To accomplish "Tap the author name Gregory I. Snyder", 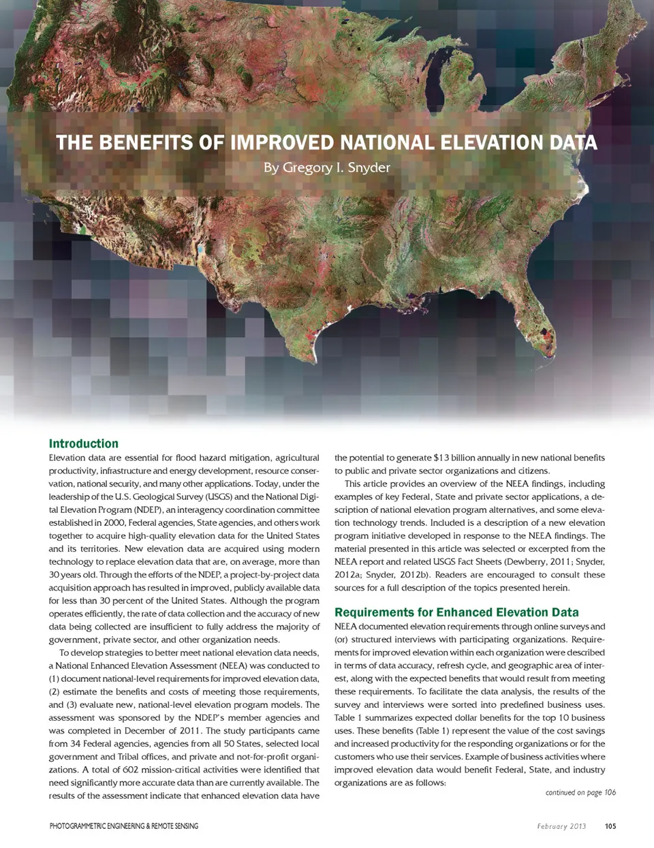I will [327, 168].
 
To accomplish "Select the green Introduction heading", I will [83, 443].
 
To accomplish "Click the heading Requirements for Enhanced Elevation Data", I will [456, 612].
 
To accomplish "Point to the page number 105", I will [610, 826].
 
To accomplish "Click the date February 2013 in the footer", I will [561, 826].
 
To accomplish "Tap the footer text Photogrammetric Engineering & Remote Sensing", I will [124, 826].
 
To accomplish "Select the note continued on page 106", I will [580, 792].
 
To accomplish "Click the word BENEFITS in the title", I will [144, 143].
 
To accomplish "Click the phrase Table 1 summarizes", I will [373, 718].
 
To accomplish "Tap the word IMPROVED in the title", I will [283, 143].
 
